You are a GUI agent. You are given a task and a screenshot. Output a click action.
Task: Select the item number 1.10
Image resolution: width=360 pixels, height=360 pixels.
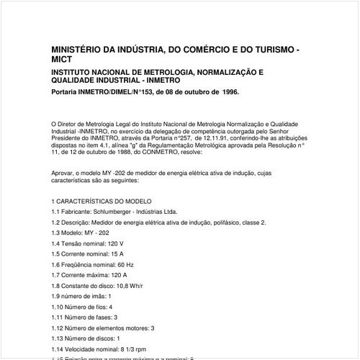58,307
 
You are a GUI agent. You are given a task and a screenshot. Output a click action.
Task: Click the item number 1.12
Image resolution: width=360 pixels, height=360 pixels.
58,328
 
